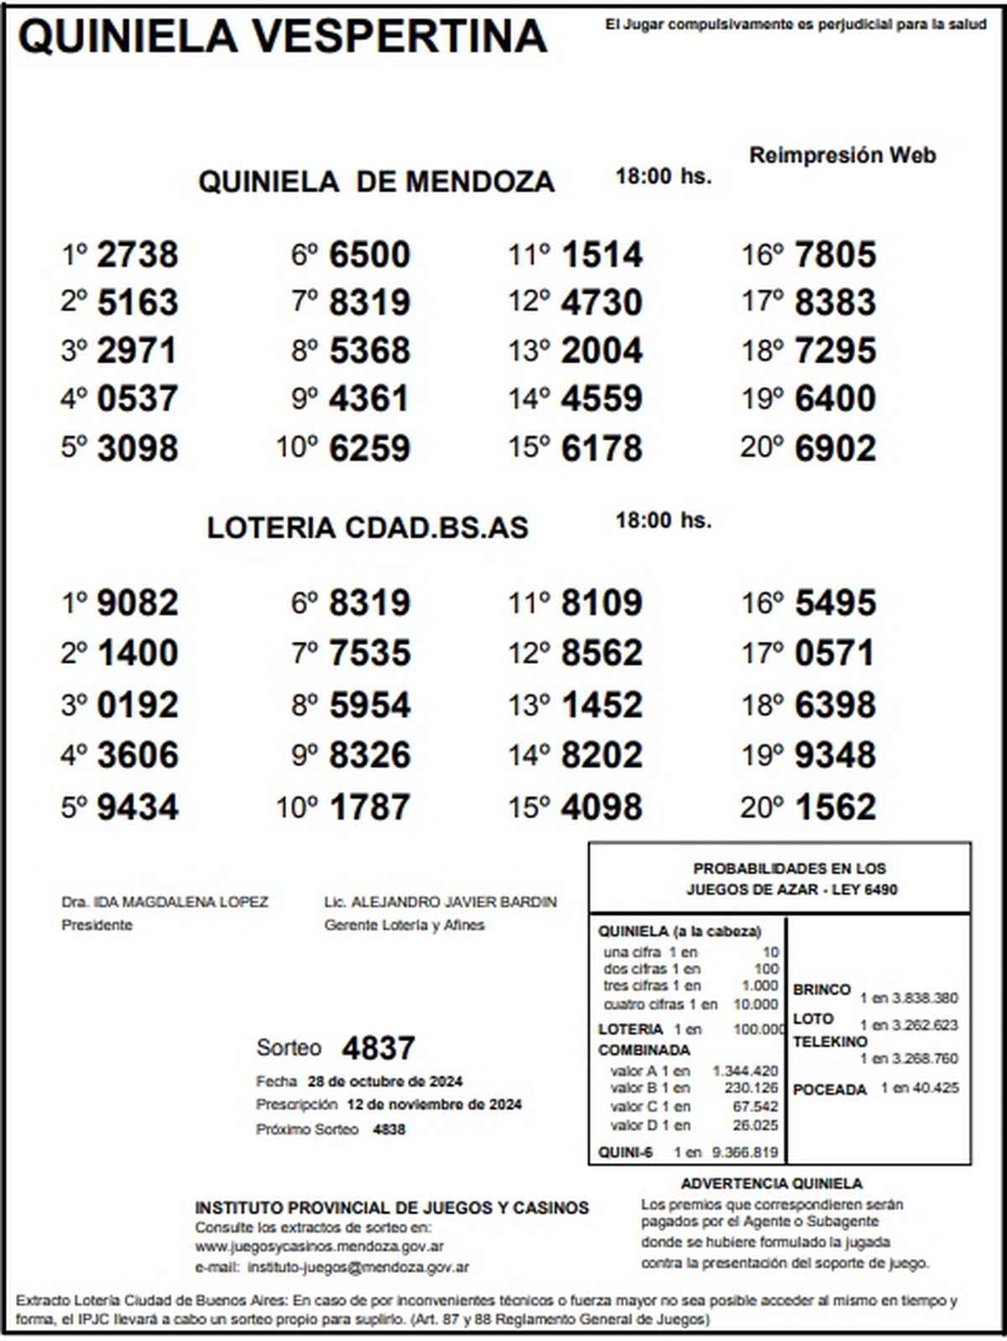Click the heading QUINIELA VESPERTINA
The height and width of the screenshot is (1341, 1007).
click(x=282, y=37)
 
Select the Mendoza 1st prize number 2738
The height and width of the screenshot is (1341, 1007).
click(x=138, y=255)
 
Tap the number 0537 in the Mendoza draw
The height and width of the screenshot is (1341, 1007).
click(x=138, y=398)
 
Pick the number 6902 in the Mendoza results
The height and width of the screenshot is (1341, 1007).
click(x=835, y=448)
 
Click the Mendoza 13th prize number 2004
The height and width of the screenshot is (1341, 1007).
click(x=602, y=351)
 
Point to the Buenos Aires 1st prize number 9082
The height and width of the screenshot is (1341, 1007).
click(x=138, y=603)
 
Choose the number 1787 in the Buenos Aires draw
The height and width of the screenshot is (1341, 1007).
click(x=370, y=807)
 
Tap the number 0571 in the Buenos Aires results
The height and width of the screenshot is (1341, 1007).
click(x=835, y=654)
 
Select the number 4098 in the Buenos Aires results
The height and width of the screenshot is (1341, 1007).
click(x=602, y=807)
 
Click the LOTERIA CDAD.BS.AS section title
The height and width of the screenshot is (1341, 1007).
click(x=368, y=528)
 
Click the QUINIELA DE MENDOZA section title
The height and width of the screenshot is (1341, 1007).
click(x=376, y=182)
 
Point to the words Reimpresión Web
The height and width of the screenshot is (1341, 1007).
click(x=842, y=155)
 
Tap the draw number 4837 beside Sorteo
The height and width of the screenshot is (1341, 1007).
click(x=378, y=1048)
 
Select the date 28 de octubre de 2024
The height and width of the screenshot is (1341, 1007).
click(x=385, y=1081)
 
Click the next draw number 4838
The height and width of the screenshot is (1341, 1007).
click(x=389, y=1130)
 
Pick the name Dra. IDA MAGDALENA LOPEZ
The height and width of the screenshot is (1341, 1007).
click(x=164, y=902)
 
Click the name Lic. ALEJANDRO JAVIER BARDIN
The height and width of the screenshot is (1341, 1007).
click(x=441, y=902)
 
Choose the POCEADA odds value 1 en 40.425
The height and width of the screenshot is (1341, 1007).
click(x=919, y=1088)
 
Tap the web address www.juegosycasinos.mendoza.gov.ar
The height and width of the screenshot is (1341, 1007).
click(x=320, y=1246)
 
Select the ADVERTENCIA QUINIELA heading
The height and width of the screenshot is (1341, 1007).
click(x=771, y=1183)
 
